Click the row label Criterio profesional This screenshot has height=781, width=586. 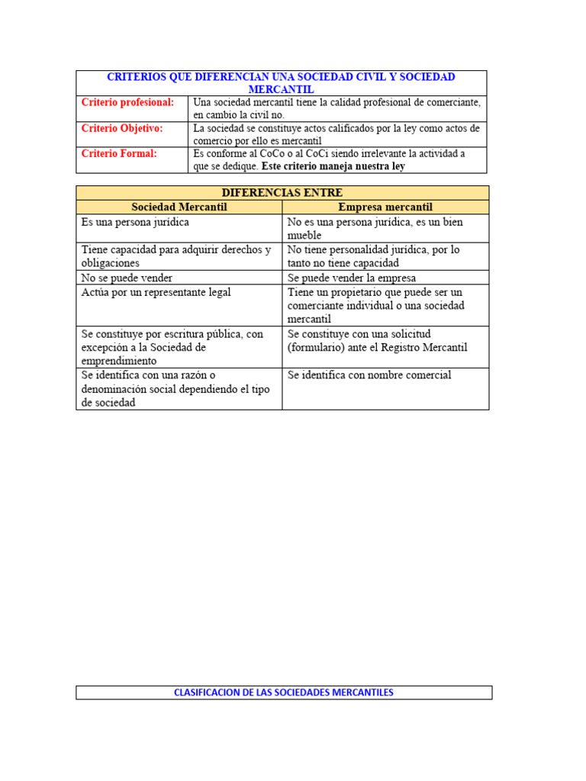click(x=127, y=102)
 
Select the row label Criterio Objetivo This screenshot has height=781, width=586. click(x=122, y=128)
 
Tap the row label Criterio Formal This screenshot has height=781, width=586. click(x=119, y=153)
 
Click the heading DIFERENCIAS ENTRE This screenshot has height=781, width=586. click(x=282, y=193)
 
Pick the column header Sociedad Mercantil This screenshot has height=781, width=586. click(x=179, y=207)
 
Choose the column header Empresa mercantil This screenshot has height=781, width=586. click(x=385, y=207)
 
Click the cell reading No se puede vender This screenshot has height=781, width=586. click(x=127, y=278)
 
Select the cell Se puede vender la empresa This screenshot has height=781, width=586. click(x=352, y=278)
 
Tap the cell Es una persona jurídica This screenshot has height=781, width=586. click(x=135, y=223)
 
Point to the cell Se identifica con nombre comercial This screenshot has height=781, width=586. click(x=369, y=375)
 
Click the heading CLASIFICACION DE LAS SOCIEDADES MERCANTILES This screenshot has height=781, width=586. click(x=284, y=693)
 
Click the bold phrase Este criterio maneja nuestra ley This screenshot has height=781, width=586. click(x=333, y=166)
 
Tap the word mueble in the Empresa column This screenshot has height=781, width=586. click(x=304, y=236)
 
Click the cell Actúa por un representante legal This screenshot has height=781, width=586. click(x=156, y=292)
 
